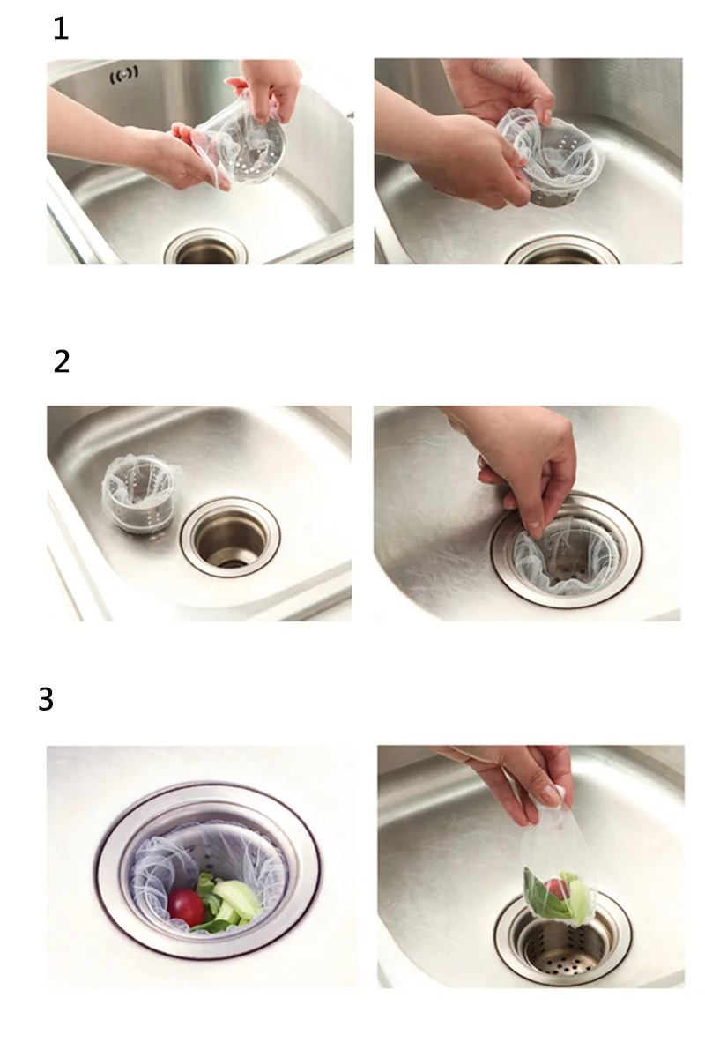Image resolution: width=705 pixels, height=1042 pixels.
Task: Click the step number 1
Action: (x=61, y=28)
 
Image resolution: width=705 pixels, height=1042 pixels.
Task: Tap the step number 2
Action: (x=61, y=361)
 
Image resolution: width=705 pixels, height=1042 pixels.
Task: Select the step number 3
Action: (x=45, y=699)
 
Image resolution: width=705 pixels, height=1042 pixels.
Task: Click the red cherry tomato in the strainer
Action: (x=186, y=908)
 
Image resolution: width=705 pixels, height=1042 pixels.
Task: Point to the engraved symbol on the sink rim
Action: (x=124, y=74)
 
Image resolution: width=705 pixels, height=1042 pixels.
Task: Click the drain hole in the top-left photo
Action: (x=206, y=247)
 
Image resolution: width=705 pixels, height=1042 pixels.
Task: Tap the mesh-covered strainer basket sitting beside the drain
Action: (x=140, y=492)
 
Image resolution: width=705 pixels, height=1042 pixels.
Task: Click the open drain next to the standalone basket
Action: (x=230, y=537)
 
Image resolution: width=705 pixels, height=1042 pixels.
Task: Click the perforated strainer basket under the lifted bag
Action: (x=563, y=942)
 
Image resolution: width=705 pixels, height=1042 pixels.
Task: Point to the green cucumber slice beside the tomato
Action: (x=236, y=898)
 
